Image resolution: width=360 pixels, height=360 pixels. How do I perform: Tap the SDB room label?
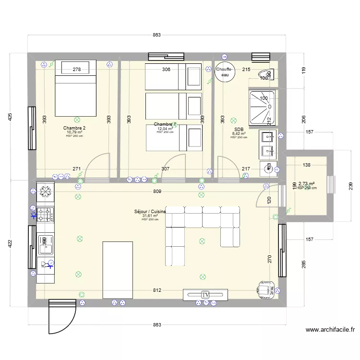(x=239, y=129)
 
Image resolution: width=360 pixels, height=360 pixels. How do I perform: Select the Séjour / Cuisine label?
(x=150, y=212)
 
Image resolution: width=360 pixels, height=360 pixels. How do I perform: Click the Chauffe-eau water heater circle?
(x=225, y=72)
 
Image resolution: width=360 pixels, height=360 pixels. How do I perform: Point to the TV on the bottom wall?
(x=205, y=294)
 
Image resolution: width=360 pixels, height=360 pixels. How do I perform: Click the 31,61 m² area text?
(x=150, y=216)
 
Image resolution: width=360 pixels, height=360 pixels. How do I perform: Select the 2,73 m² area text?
(x=306, y=183)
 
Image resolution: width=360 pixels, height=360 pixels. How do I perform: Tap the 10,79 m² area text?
(x=75, y=132)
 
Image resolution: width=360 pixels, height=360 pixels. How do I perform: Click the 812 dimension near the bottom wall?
(x=157, y=291)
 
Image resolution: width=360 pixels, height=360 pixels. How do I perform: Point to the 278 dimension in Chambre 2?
(x=77, y=70)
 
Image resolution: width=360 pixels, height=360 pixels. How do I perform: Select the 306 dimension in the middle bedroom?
(x=166, y=70)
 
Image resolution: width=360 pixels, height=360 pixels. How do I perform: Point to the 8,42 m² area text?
(x=239, y=134)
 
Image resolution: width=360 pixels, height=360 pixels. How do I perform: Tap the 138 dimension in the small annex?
(x=307, y=165)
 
